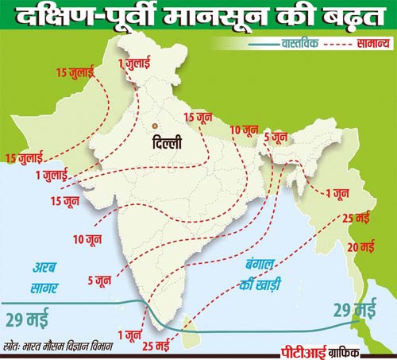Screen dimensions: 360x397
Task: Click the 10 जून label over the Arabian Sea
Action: click(x=87, y=238)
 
